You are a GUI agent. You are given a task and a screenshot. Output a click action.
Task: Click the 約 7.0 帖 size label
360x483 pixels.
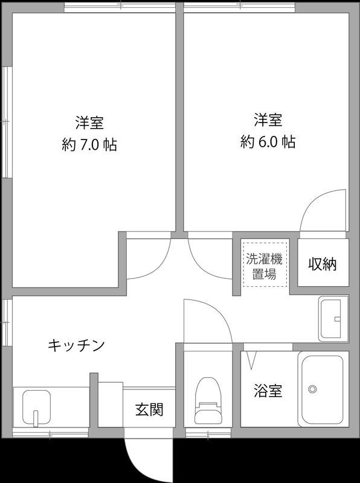pos(89,146)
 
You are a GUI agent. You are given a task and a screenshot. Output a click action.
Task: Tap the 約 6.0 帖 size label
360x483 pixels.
pos(268,142)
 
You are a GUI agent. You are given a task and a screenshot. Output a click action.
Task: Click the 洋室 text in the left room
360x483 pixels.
pos(89,123)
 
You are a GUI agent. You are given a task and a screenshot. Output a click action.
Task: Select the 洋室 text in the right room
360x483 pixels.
pos(268,120)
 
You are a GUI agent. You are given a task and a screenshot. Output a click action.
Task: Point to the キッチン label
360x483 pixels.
pos(76,346)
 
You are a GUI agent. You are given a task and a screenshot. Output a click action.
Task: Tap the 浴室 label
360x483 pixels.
pos(268,391)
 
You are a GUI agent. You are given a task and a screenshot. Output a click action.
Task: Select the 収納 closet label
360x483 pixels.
pos(323,264)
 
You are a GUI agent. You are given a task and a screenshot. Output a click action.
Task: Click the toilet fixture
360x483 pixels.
pos(207,401)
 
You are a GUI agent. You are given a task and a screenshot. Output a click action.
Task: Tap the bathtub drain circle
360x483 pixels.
pos(312,389)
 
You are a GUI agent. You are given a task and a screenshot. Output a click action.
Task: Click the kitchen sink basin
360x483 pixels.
pos(36,407)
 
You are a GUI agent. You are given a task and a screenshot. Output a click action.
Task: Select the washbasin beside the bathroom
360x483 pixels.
pos(333,318)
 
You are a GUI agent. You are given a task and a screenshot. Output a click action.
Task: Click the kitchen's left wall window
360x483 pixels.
pos(6,321)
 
